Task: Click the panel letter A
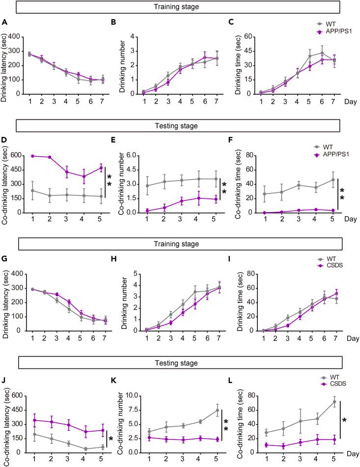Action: [5, 22]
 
